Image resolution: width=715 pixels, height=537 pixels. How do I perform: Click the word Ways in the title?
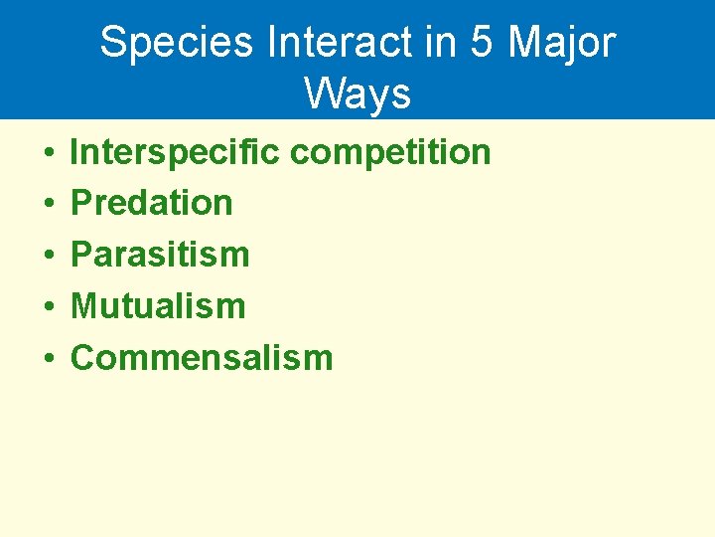coord(357,93)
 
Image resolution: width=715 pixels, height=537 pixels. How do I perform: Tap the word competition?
coord(389,152)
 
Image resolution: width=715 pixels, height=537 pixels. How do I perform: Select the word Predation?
coord(152,203)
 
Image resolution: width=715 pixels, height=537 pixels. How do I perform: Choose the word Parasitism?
coord(160,255)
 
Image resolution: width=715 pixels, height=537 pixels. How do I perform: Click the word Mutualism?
coord(158,306)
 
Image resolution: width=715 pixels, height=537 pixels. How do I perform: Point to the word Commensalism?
coord(202,357)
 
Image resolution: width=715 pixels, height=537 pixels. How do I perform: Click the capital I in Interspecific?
coord(75,152)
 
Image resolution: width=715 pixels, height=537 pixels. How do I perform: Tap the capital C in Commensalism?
coord(82,357)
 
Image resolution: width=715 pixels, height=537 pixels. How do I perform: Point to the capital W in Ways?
coord(323,93)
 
